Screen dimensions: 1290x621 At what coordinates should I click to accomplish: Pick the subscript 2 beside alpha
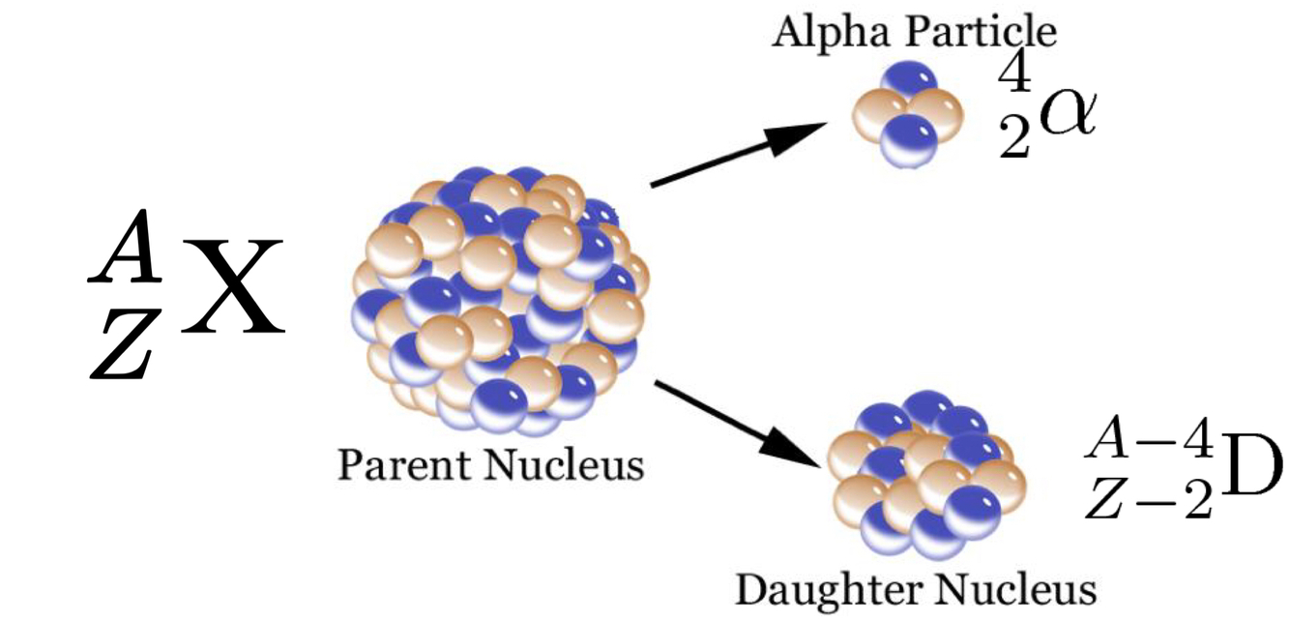tap(1012, 144)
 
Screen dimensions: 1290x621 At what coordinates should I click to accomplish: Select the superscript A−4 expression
tap(1147, 443)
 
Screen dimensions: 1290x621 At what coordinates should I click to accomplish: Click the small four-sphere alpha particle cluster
tap(905, 113)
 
